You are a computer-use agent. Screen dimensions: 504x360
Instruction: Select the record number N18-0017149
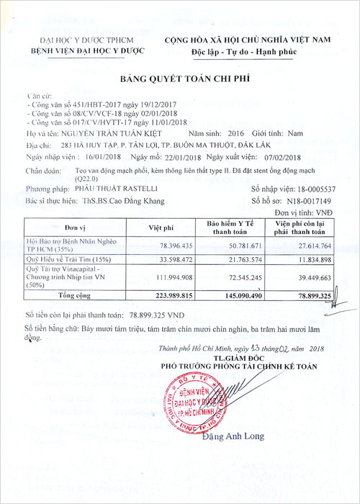(312, 199)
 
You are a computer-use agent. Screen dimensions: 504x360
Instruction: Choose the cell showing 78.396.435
(168, 246)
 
